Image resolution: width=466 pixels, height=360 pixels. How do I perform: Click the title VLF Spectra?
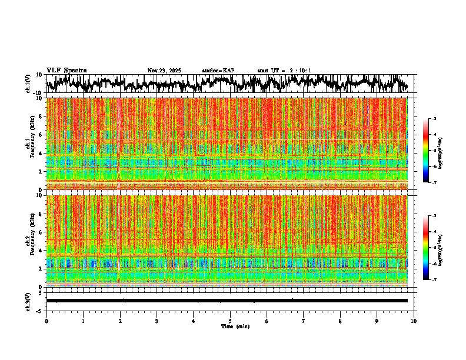66,71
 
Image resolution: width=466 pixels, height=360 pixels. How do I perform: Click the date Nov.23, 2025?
164,71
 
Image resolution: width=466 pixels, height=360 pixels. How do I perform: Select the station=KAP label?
218,71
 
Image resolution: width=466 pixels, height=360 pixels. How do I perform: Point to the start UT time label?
284,71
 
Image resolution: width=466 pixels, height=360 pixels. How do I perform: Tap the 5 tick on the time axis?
230,321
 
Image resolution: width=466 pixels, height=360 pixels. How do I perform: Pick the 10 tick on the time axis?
414,321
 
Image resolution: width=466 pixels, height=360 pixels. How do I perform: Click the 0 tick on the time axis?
46,321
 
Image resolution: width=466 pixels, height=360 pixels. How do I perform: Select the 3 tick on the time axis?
157,321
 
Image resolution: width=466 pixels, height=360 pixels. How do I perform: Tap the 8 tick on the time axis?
341,321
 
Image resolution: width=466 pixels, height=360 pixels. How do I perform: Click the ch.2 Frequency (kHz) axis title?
29,241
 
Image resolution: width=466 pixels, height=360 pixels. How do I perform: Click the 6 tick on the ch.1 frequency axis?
41,135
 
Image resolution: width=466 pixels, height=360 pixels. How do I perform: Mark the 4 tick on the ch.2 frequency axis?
41,251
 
